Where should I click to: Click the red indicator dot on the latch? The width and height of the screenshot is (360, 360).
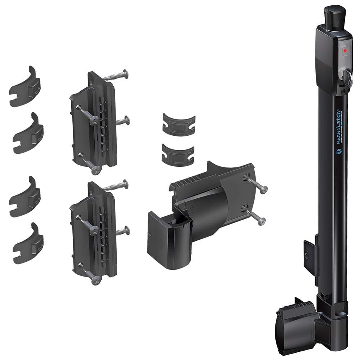click(345, 51)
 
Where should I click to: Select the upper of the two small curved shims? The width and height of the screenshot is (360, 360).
click(179, 125)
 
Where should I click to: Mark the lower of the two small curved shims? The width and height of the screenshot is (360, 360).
click(178, 155)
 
